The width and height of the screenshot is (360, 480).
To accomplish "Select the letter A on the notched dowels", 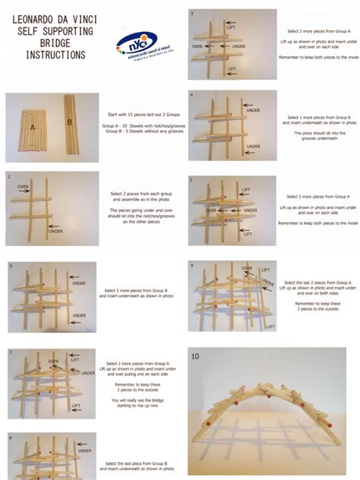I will [x=32, y=127].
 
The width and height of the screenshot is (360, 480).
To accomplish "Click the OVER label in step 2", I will [x=23, y=186].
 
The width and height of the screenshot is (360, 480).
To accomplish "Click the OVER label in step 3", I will [x=198, y=46].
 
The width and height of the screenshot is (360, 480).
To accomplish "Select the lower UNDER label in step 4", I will [x=253, y=147].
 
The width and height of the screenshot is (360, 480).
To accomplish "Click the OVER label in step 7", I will [x=54, y=361].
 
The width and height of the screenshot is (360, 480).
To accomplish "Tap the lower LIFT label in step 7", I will [x=76, y=406].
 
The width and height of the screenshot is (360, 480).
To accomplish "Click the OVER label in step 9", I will [x=248, y=268].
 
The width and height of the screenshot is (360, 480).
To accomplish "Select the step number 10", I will [x=195, y=355].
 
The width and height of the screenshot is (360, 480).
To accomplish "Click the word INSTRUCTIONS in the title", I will [x=49, y=55].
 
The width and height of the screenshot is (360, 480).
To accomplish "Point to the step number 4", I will [x=191, y=95].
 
